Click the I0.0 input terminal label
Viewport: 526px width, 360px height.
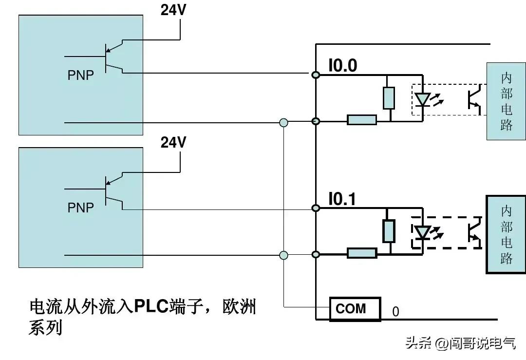coord(342,66)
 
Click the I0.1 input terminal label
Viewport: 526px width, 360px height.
coord(342,199)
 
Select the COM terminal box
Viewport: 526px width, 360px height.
coord(355,308)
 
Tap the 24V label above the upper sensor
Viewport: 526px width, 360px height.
coord(174,10)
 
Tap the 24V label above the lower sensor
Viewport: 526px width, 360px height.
coord(174,142)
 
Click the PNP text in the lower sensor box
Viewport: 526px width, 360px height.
coord(80,208)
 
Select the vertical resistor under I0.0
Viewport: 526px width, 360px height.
coord(388,98)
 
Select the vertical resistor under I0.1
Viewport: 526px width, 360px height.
coord(388,231)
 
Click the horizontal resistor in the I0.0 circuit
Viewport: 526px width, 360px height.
coord(361,120)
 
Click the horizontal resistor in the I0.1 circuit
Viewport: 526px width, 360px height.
coord(361,253)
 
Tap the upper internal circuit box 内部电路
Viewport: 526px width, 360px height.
coord(506,102)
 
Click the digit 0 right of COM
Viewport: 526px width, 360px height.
coord(395,312)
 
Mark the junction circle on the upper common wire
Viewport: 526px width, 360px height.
coord(284,122)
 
